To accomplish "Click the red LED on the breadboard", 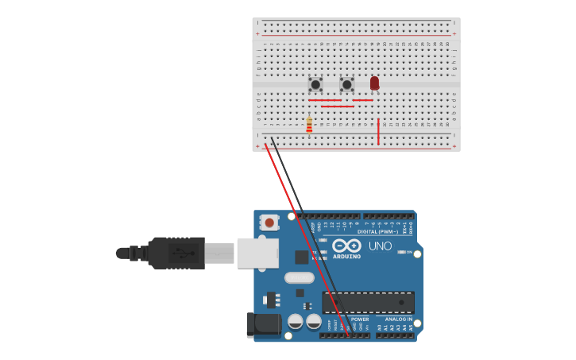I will pos(374,83).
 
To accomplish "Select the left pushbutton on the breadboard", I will pos(315,83).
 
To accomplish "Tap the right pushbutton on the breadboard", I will pos(346,83).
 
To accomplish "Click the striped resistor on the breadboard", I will pos(309,125).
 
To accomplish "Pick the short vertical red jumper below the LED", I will pos(378,132).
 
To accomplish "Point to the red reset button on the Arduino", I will pos(269,223).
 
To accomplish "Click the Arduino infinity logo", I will pos(346,246).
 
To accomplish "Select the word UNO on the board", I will pos(380,246).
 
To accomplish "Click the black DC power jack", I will pos(264,324).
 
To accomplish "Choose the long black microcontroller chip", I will pos(368,302).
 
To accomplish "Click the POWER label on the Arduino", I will pos(360,319).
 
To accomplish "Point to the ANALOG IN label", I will pos(399,319).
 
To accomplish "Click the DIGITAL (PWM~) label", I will pos(379,232).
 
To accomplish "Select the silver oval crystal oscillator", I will pos(299,277).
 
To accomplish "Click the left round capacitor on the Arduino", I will pos(295,322).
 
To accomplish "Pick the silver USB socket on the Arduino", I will pos(257,254).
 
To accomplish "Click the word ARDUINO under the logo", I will pos(346,257).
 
